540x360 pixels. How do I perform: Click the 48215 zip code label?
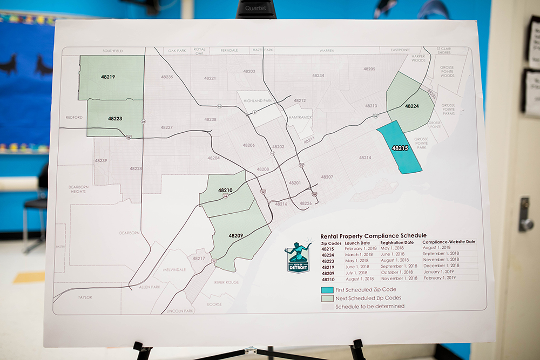pyautogui.click(x=400, y=147)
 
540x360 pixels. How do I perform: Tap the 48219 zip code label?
pyautogui.click(x=108, y=77)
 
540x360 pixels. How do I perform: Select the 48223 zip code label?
pyautogui.click(x=115, y=118)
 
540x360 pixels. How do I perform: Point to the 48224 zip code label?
pyautogui.click(x=412, y=106)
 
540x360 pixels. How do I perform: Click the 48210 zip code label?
pyautogui.click(x=225, y=191)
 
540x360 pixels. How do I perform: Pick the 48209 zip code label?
pyautogui.click(x=235, y=236)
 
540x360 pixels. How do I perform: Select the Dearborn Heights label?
pyautogui.click(x=78, y=189)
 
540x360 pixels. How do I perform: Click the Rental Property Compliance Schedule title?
pyautogui.click(x=373, y=236)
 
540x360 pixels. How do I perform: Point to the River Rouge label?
pyautogui.click(x=226, y=282)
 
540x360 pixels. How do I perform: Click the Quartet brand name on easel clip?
pyautogui.click(x=256, y=8)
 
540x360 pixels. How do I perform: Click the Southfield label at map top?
pyautogui.click(x=112, y=51)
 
